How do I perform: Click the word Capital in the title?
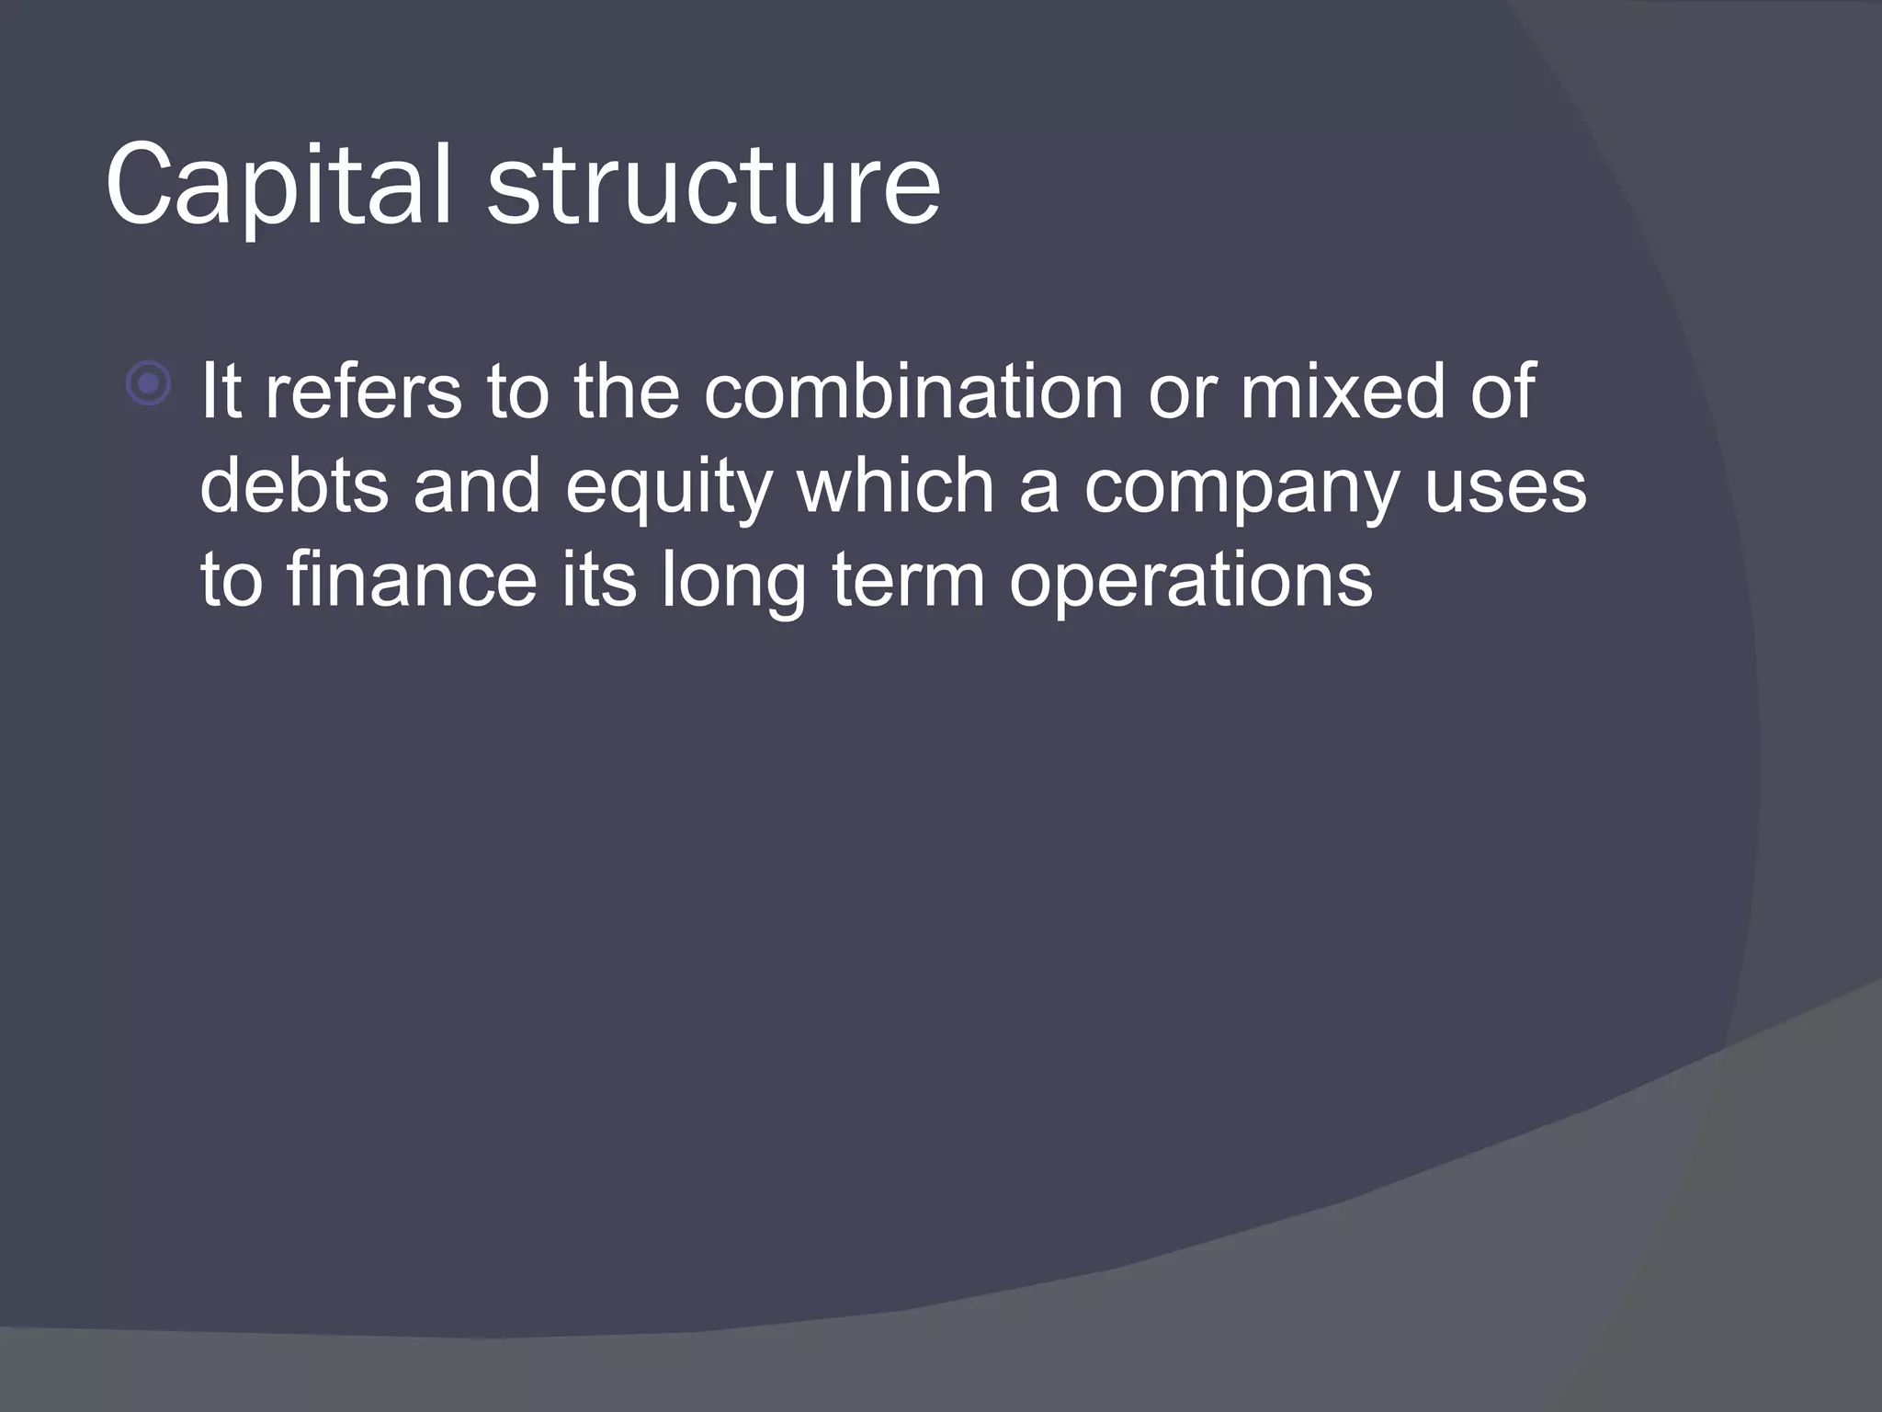(x=278, y=186)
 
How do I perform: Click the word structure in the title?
(x=713, y=186)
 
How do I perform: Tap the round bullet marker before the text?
(x=149, y=384)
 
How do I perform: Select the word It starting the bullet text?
(x=221, y=391)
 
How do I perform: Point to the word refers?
(x=364, y=391)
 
